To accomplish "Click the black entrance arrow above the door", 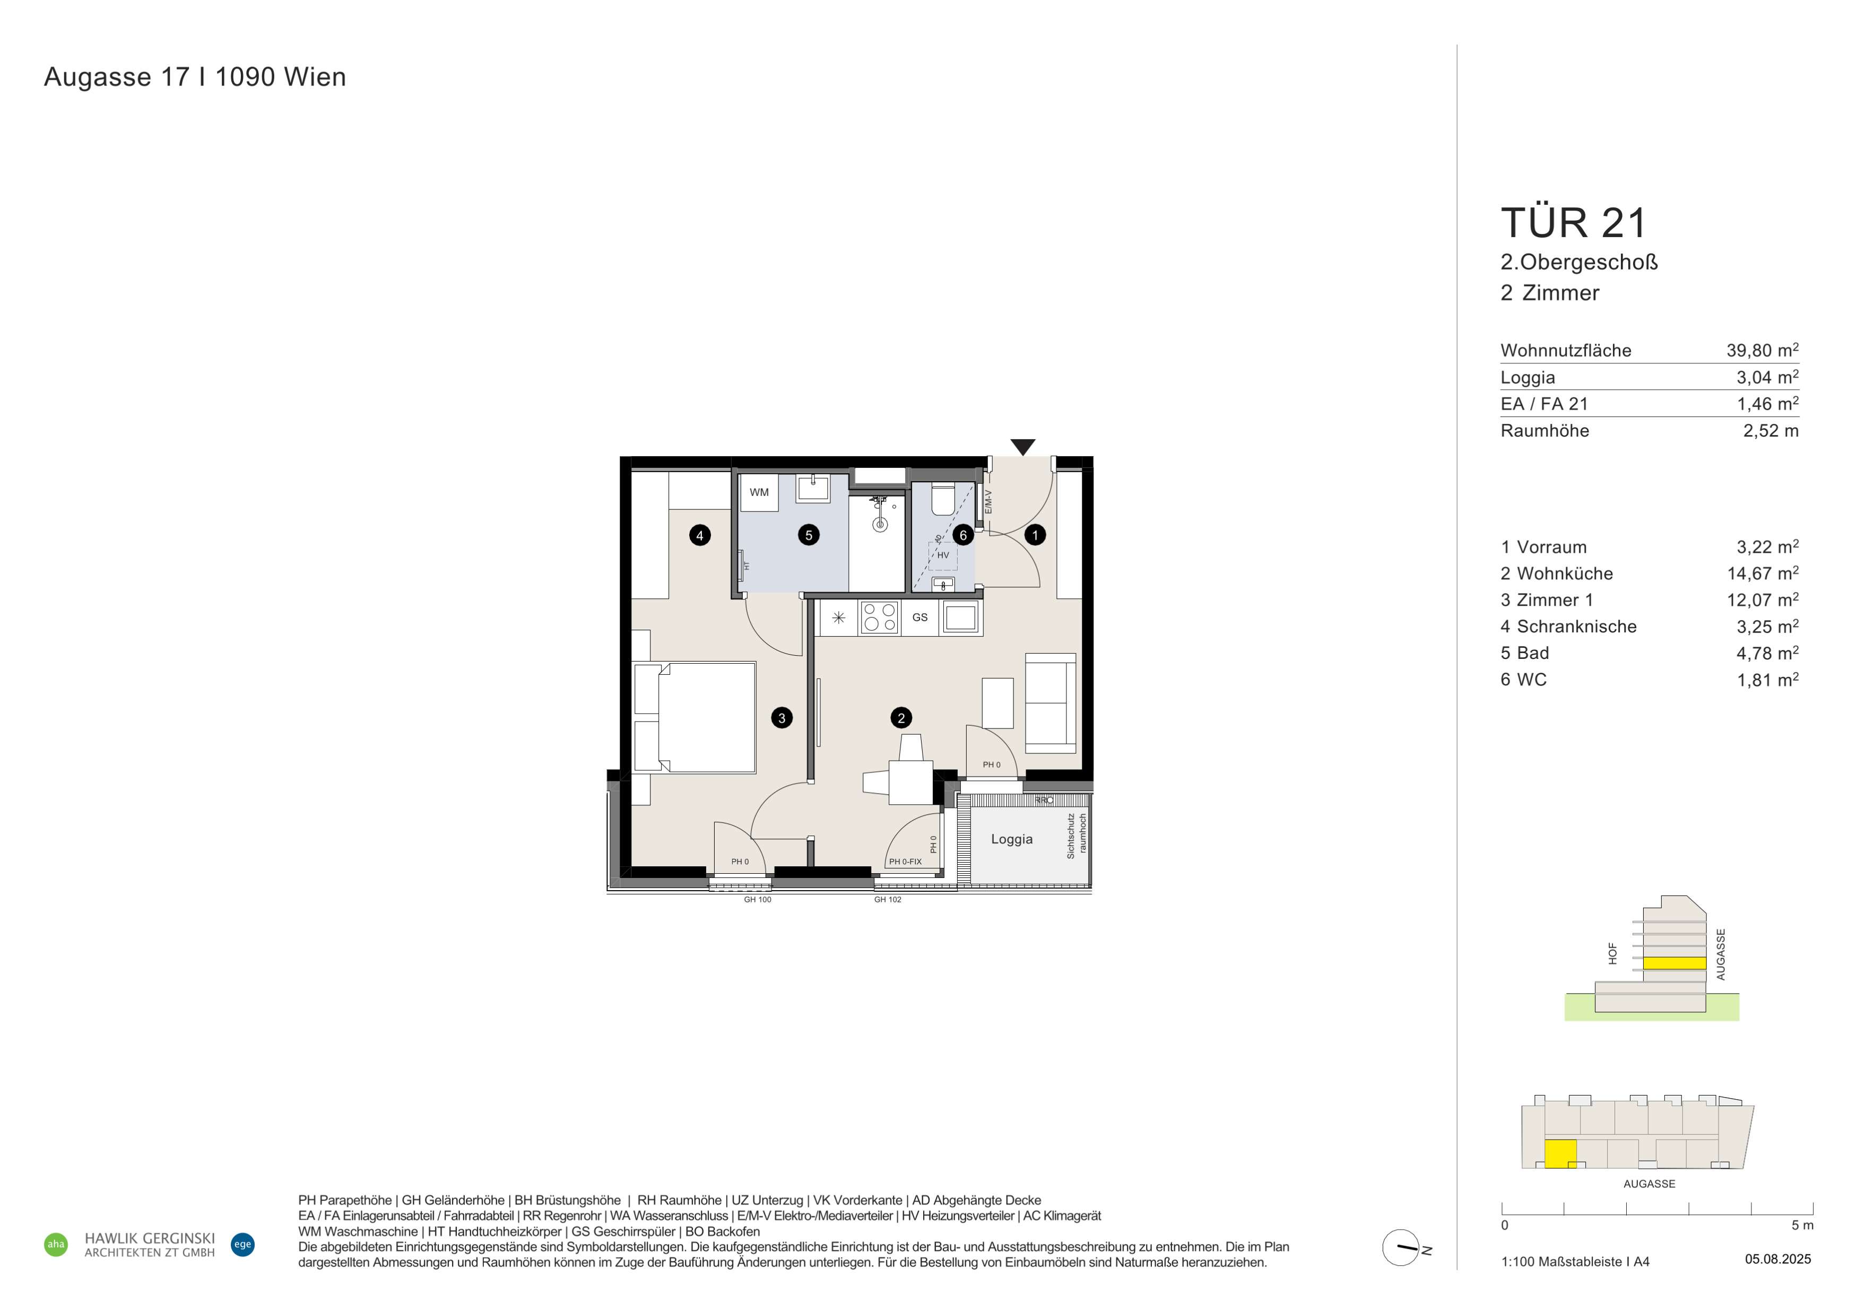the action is coord(1023,446).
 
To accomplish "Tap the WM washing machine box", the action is coord(759,492).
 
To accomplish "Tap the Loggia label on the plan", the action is coord(1012,839).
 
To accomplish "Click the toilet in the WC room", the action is coord(943,499).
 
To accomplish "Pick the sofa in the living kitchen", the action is coord(1051,703).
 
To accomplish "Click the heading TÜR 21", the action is coord(1573,223).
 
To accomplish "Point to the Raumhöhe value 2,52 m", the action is coord(1771,431).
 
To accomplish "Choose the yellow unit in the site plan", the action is coord(1561,1154).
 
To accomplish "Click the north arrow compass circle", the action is coord(1400,1248).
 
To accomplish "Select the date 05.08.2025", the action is coord(1778,1259).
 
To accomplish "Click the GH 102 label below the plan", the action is coord(887,900).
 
